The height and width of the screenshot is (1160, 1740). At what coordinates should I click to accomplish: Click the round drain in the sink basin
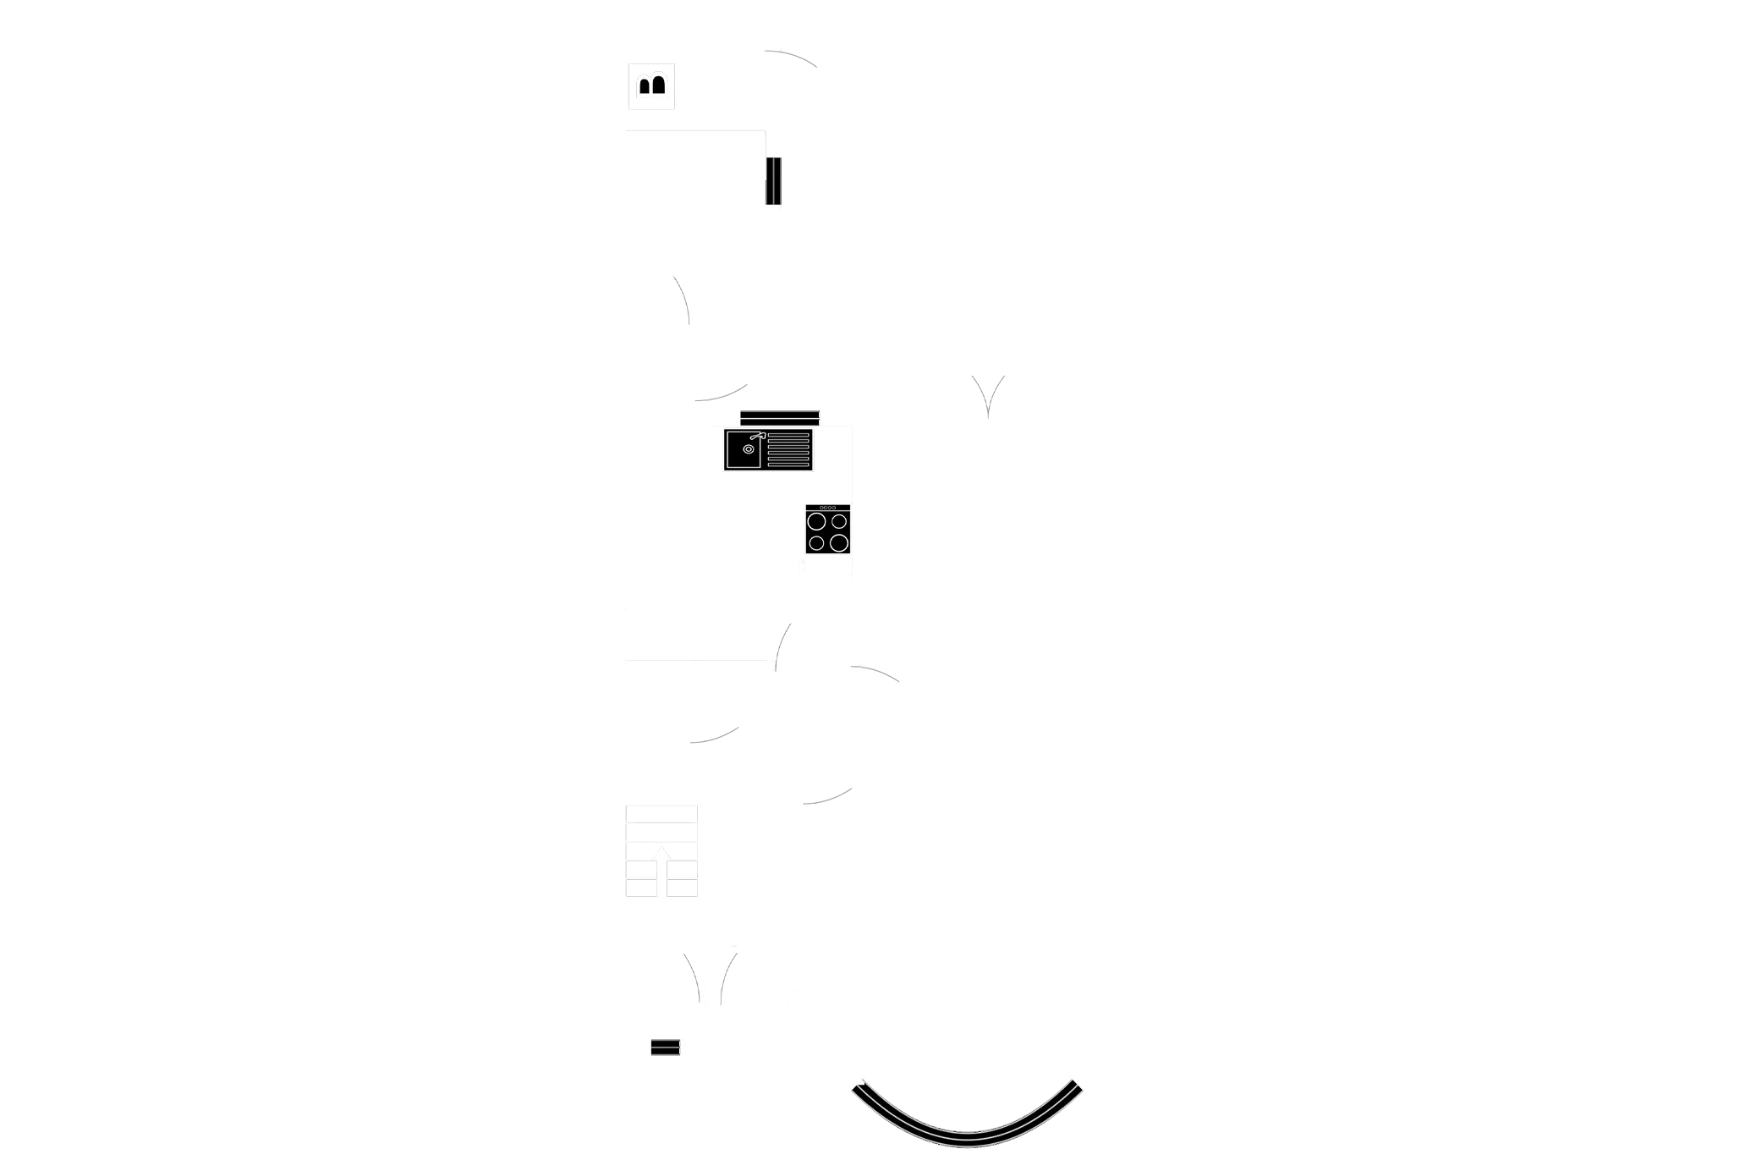coord(749,449)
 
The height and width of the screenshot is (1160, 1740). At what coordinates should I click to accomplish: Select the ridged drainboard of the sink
coord(788,449)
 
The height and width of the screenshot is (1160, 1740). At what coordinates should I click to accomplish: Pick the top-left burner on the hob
coord(817,522)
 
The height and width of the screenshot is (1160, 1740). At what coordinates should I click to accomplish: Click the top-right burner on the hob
coord(838,522)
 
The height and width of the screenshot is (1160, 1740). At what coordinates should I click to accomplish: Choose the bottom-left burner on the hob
coord(817,542)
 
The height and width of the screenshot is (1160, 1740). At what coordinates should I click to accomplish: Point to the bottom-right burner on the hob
coord(838,542)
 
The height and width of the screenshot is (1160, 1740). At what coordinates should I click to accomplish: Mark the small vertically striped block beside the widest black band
coord(773,180)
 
